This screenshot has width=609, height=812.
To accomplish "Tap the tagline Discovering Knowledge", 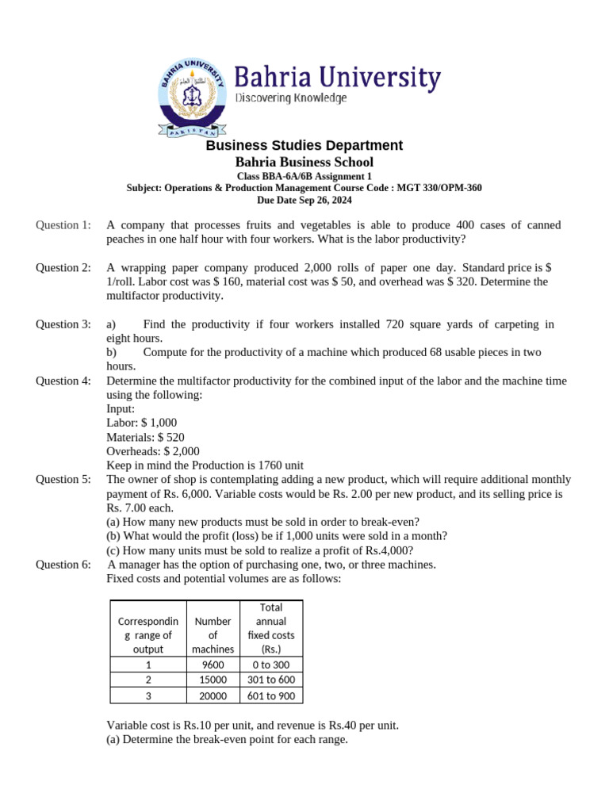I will [x=291, y=98].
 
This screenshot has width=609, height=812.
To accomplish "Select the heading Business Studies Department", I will [x=304, y=145].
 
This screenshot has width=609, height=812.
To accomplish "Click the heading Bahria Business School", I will [x=304, y=162].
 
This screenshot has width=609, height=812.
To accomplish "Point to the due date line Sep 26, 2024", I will [x=304, y=200].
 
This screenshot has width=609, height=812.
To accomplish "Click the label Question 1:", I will [x=63, y=225].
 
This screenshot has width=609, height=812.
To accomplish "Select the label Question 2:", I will [x=63, y=268].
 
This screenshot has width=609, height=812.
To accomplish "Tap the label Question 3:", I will [x=63, y=324].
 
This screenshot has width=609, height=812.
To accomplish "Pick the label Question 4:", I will [x=63, y=381].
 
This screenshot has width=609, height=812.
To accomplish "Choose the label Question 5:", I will [x=63, y=480].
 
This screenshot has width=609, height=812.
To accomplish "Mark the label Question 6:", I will [x=63, y=565].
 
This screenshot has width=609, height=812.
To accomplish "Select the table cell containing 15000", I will [x=213, y=680].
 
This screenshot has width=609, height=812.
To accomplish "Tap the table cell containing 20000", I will [x=213, y=696].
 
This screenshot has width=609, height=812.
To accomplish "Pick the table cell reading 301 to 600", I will [x=270, y=680].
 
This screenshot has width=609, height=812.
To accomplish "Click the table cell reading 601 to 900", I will [x=270, y=696].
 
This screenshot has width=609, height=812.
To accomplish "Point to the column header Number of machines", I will [x=213, y=635].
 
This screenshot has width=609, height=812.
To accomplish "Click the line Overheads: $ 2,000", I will [x=153, y=451].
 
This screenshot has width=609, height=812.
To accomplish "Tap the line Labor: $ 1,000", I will [x=142, y=423].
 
